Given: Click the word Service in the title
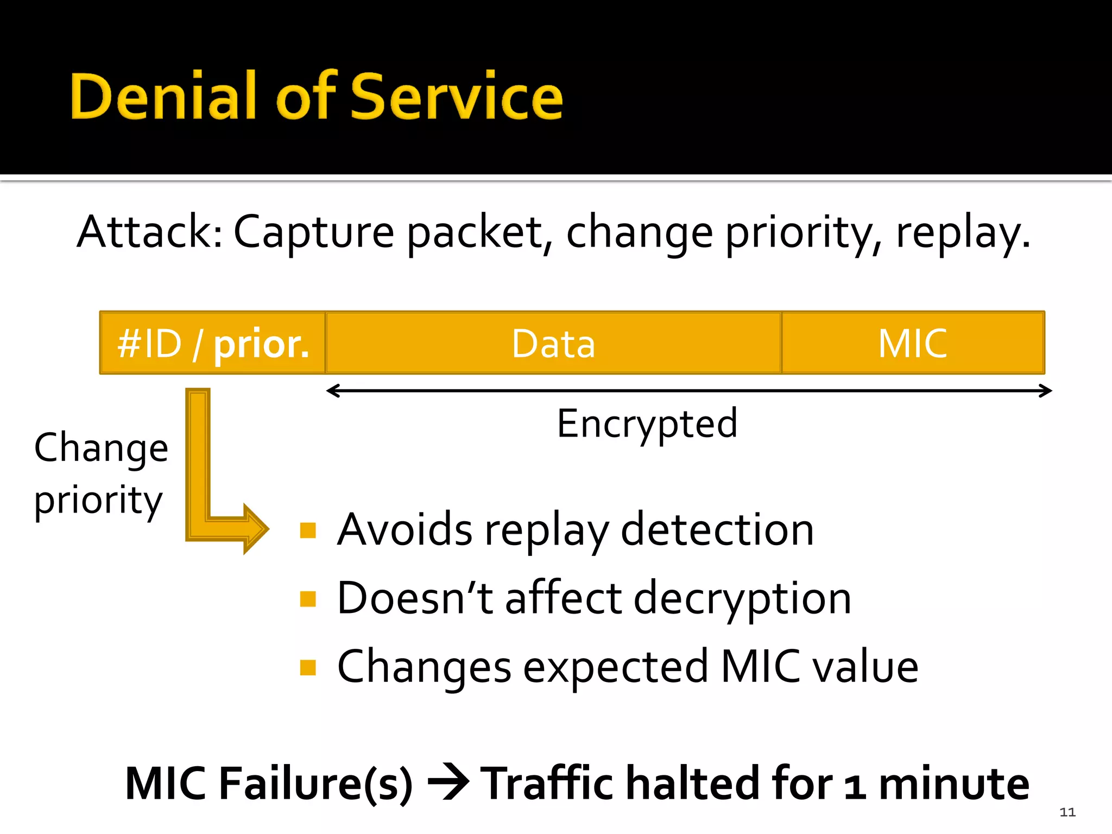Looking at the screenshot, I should (457, 97).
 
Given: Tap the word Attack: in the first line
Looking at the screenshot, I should (149, 232).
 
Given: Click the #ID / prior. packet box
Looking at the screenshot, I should (213, 343).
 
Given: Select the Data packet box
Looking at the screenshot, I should (553, 343).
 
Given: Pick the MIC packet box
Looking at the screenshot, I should (913, 343).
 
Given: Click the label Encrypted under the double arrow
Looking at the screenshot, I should (647, 424).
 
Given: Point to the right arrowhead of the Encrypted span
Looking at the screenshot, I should (1048, 390).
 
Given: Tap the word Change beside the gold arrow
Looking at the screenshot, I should (101, 448).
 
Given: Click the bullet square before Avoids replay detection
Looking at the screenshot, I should (308, 530).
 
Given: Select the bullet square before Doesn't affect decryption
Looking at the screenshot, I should (308, 599).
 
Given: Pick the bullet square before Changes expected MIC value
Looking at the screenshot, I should (308, 667).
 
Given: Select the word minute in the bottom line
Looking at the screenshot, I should (953, 784).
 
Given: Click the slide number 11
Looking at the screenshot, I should (1067, 812).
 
